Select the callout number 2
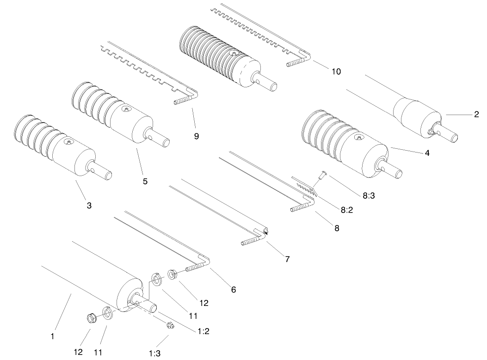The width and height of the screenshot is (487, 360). click(x=476, y=115)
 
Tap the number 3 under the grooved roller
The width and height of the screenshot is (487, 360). click(x=89, y=206)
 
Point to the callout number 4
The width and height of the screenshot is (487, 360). click(x=427, y=153)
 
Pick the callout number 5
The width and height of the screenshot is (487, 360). click(x=145, y=182)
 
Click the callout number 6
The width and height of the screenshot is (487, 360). click(x=234, y=290)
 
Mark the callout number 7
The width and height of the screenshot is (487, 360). click(x=287, y=259)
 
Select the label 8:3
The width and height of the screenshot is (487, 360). click(x=369, y=195)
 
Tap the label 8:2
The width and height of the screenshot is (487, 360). click(x=347, y=209)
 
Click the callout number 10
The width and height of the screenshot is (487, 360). click(x=336, y=72)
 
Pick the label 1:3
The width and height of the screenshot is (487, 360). click(x=154, y=354)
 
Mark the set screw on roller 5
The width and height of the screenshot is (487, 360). click(x=127, y=109)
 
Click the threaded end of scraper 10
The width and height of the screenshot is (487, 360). click(x=293, y=62)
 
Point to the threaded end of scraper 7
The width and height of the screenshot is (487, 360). click(x=250, y=242)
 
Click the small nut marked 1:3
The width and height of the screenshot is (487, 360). click(x=169, y=325)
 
